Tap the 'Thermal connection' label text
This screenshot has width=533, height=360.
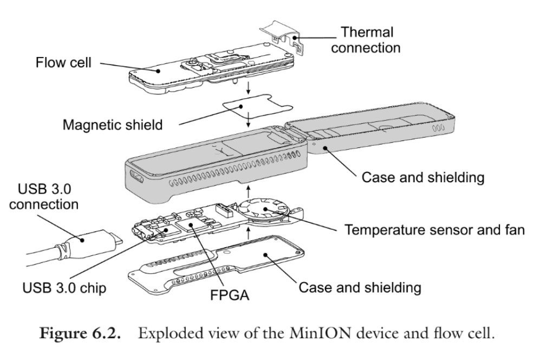click(366, 39)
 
